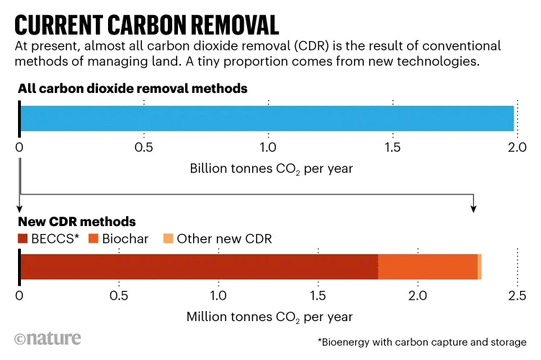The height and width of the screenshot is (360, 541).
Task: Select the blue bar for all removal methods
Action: click(x=267, y=118)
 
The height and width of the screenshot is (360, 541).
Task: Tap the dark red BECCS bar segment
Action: click(x=198, y=266)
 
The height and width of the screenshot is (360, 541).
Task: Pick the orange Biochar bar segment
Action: click(x=427, y=266)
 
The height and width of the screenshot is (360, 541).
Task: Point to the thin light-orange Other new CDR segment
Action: click(x=480, y=266)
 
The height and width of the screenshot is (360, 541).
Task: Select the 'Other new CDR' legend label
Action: click(x=224, y=239)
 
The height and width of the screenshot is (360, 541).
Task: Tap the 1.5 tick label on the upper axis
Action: click(x=392, y=148)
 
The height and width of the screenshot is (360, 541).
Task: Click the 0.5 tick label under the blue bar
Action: click(x=144, y=148)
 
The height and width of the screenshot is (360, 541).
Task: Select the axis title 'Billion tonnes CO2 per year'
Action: click(x=271, y=169)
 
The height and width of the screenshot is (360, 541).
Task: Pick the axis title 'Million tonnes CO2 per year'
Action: click(x=270, y=317)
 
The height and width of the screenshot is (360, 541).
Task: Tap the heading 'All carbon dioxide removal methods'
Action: click(x=133, y=89)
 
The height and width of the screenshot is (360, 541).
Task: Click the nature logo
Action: click(x=48, y=338)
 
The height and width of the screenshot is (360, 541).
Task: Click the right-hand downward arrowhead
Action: click(x=473, y=207)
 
